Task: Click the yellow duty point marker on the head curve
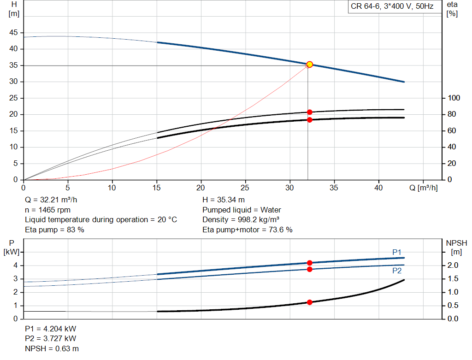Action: pyautogui.click(x=309, y=65)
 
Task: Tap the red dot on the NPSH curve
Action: pyautogui.click(x=309, y=302)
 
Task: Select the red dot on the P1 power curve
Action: pyautogui.click(x=309, y=263)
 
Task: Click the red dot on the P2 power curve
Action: pyautogui.click(x=309, y=269)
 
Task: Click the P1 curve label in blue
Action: pyautogui.click(x=397, y=252)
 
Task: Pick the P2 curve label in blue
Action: pyautogui.click(x=397, y=271)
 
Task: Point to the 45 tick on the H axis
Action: pyautogui.click(x=13, y=33)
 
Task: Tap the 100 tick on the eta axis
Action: pyautogui.click(x=454, y=98)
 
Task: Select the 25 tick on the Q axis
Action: pyautogui.click(x=245, y=188)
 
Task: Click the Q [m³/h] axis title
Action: pyautogui.click(x=423, y=188)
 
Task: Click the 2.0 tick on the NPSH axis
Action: pyautogui.click(x=453, y=265)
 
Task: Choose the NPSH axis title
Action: pyautogui.click(x=456, y=247)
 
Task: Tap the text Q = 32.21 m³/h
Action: pyautogui.click(x=51, y=200)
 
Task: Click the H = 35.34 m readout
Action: pyautogui.click(x=224, y=200)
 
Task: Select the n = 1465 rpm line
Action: pyautogui.click(x=47, y=210)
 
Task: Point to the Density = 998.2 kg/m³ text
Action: pyautogui.click(x=241, y=220)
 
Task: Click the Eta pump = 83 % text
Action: pyautogui.click(x=54, y=230)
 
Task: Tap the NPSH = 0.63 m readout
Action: pyautogui.click(x=52, y=348)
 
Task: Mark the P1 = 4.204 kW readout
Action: pyautogui.click(x=51, y=329)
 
